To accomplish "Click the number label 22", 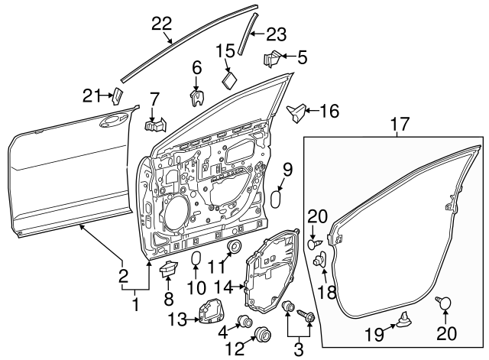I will click(161, 24).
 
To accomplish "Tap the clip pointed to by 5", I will click(273, 58).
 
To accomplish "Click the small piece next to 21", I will click(117, 95).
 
